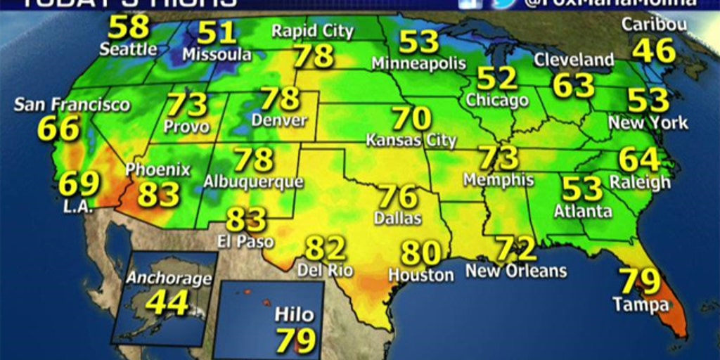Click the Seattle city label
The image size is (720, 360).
tap(128, 49)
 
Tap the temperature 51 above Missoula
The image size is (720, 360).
tap(217, 32)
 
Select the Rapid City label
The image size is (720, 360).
tap(313, 31)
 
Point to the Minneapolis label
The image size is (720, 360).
tap(418, 63)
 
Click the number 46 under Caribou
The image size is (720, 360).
tap(653, 51)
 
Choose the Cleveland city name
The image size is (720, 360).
tap(574, 60)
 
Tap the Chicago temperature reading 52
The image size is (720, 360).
tap(497, 78)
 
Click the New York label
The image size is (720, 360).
tap(648, 122)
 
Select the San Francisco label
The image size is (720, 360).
tap(72, 105)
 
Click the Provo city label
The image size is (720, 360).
tap(186, 127)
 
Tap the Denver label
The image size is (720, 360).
tap(279, 120)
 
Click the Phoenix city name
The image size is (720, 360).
tap(158, 170)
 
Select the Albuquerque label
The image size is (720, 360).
tap(253, 181)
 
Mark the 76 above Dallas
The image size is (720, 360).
tap(398, 197)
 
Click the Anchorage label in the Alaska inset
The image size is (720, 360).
tap(169, 278)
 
